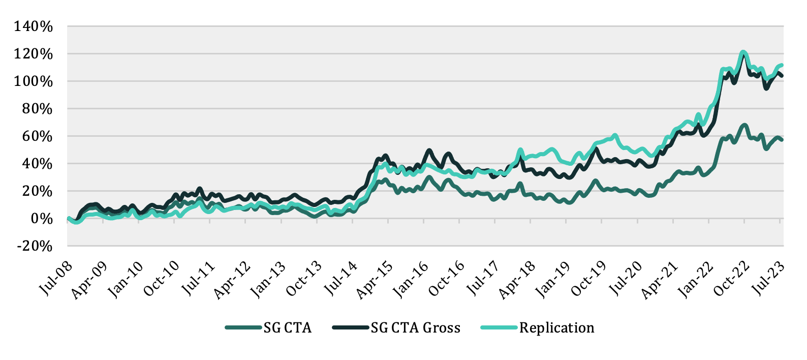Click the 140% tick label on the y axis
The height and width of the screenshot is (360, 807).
coord(34,26)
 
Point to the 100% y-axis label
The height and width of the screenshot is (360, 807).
coord(34,81)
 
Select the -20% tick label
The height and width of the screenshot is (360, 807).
coord(34,246)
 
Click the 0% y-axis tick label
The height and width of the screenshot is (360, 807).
coord(41,219)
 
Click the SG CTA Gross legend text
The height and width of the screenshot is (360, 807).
coord(415,328)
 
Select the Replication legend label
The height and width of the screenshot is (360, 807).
coord(556,328)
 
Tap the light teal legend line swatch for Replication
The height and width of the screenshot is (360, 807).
coord(499,328)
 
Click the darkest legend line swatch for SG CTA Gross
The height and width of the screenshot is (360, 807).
coord(351,328)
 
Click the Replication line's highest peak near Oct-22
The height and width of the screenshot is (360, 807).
coord(743,52)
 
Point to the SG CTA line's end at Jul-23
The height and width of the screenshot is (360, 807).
coord(782,139)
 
